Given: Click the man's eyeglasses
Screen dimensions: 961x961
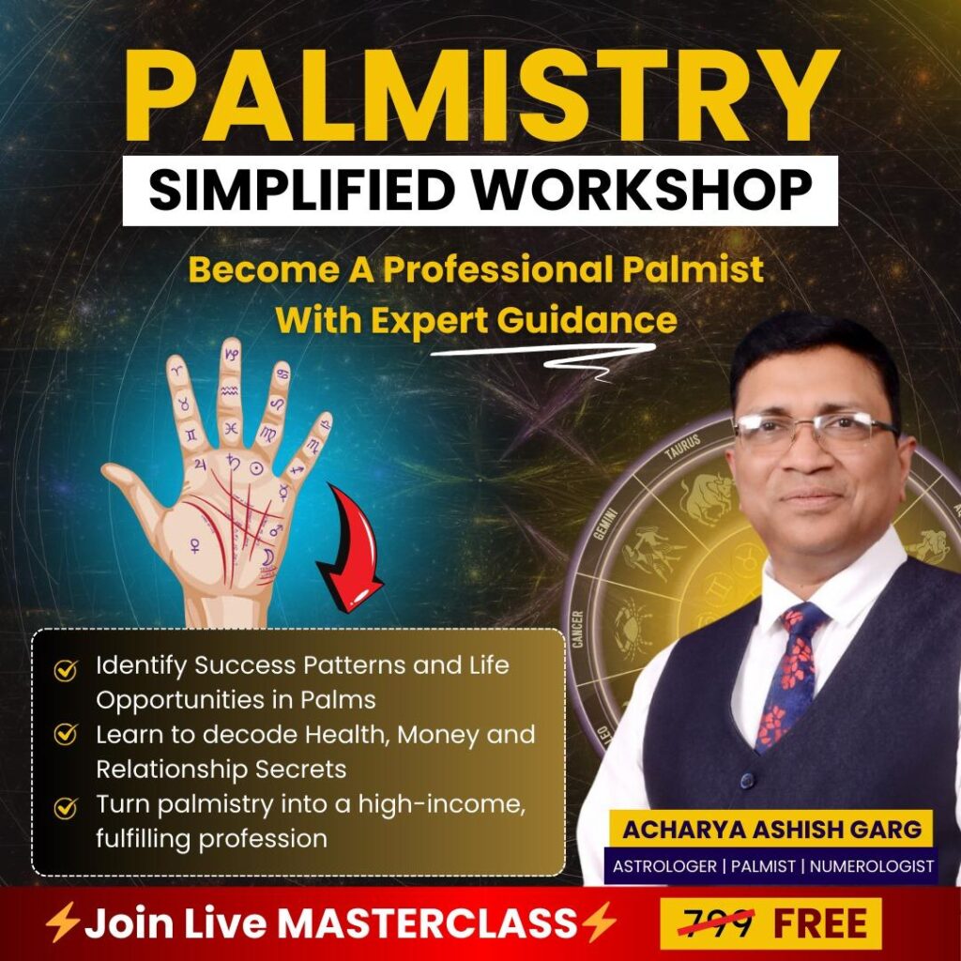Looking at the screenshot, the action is click(x=816, y=431).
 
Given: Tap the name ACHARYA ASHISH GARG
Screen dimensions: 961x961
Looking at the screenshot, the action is click(x=771, y=830).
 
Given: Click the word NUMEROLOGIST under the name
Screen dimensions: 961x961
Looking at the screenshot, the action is click(x=872, y=866).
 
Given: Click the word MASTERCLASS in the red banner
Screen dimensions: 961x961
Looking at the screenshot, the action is click(x=427, y=923).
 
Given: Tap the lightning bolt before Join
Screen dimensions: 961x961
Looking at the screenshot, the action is click(x=63, y=923).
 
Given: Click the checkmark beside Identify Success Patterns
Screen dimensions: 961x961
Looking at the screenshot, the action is click(x=66, y=670).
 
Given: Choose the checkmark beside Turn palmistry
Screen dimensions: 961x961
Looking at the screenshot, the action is click(x=66, y=808).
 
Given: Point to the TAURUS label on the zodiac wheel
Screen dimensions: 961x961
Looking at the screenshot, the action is click(x=683, y=447).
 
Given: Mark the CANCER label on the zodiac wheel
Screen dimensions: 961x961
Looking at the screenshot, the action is click(x=577, y=629).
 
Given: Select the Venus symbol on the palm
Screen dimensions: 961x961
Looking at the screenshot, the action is click(x=195, y=545).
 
